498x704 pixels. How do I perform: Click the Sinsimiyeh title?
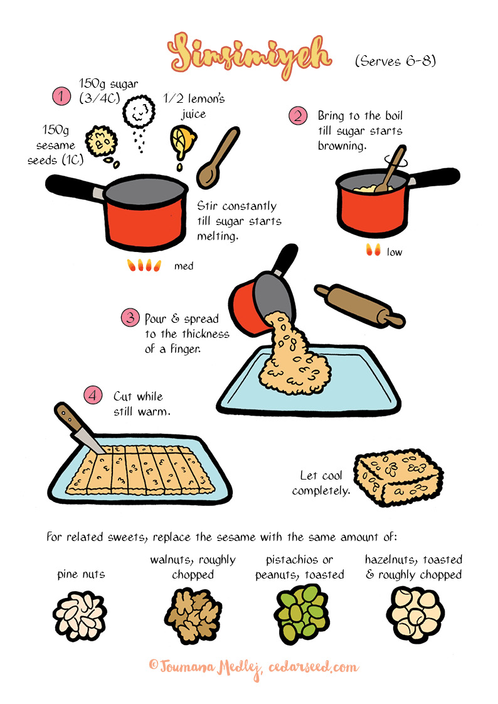[250, 56]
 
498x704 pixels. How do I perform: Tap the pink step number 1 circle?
[61, 96]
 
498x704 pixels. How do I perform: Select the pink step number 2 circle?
[298, 116]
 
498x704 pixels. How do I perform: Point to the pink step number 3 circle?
[130, 318]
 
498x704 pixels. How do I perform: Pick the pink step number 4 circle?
[92, 395]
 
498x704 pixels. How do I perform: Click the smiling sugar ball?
[139, 112]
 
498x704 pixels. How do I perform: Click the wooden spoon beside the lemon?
[218, 157]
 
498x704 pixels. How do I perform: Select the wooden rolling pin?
[359, 305]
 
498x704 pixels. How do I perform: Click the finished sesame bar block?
[398, 477]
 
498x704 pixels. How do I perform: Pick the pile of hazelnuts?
[415, 614]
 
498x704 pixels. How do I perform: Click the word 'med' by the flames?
[184, 266]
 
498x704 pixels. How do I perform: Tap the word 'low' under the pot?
[395, 253]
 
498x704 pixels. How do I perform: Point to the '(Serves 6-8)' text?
[395, 61]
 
